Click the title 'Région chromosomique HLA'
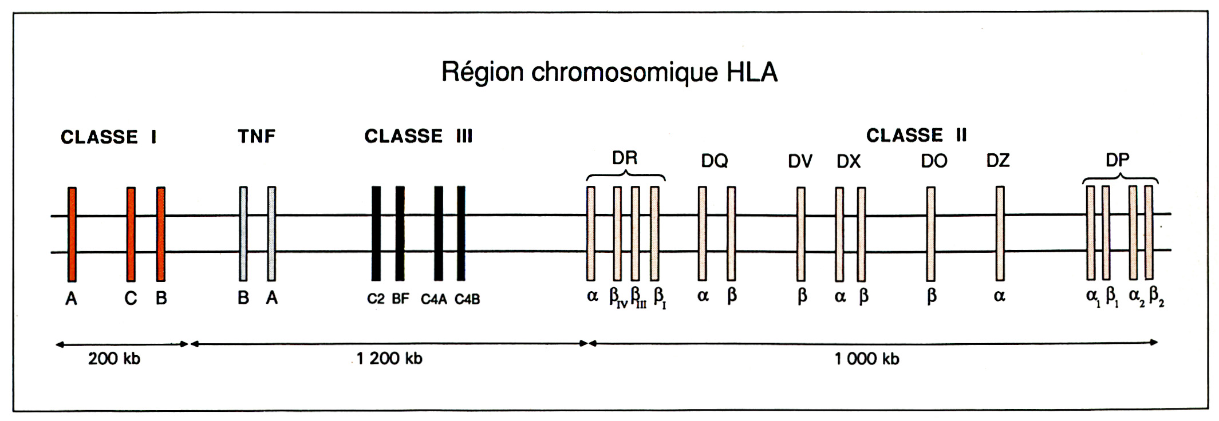609,73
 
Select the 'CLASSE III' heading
419,136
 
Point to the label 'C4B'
467,299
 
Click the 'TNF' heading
257,136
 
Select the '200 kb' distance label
114,359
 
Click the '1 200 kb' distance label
389,359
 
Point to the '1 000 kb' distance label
867,359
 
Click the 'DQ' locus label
715,161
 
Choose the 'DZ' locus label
998,161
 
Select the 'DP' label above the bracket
1117,160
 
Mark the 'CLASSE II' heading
916,136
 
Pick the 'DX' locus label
849,161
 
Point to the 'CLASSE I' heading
109,137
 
